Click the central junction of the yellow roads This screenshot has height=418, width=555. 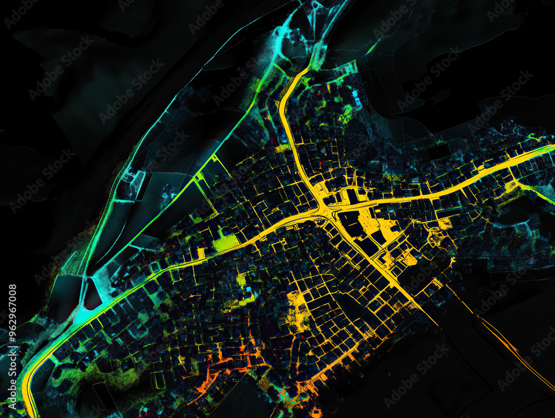click(324, 208)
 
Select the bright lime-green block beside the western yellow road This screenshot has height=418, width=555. click(225, 242)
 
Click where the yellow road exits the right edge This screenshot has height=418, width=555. click(552, 148)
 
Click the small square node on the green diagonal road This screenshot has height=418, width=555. click(199, 177)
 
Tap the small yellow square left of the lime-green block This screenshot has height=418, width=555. click(201, 253)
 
